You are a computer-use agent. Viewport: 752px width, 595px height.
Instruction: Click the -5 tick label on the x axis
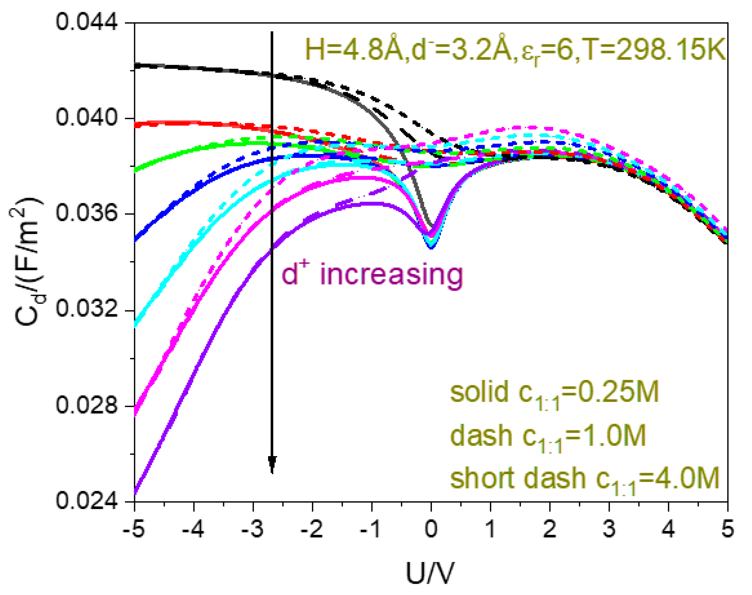[x=134, y=529]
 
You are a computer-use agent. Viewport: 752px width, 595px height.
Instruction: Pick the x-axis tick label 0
[x=431, y=529]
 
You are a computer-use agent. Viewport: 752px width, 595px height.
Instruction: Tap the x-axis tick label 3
[x=609, y=529]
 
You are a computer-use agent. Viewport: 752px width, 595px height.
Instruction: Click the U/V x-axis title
[x=430, y=573]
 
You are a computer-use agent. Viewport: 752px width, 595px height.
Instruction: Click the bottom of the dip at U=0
[x=431, y=247]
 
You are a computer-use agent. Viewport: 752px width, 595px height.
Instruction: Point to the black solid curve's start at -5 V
[x=135, y=65]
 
